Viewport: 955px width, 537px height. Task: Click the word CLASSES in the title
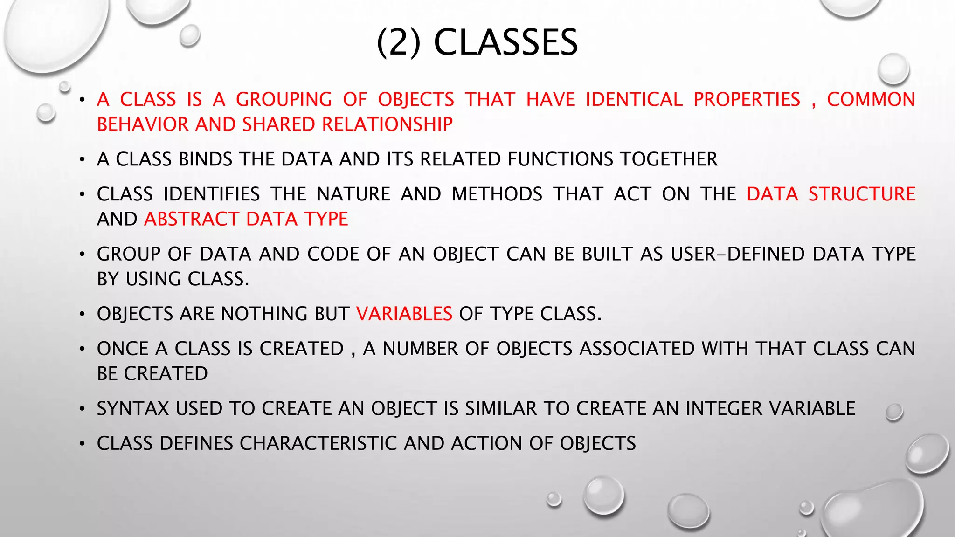[506, 42]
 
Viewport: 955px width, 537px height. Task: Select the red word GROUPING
[284, 100]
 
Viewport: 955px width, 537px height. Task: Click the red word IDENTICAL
[634, 100]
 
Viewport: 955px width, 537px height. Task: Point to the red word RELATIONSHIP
[387, 124]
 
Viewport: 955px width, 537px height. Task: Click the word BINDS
[206, 159]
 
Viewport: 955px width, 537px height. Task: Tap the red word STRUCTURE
[862, 194]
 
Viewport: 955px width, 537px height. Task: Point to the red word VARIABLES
[404, 314]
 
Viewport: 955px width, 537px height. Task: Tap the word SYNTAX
[133, 408]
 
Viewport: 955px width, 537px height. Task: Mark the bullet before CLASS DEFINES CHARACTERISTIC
[82, 444]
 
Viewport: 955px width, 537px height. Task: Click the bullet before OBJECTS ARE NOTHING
[82, 314]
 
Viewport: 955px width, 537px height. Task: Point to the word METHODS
[497, 194]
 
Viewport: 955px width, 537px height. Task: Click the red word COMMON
[871, 100]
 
